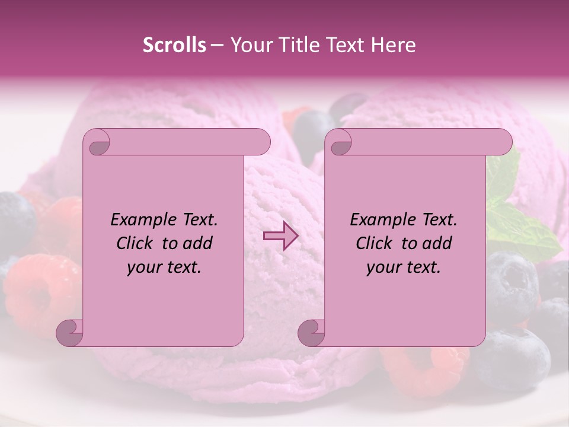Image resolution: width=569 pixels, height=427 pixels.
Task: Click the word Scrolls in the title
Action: click(174, 45)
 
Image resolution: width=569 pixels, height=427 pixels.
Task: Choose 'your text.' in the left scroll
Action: click(164, 267)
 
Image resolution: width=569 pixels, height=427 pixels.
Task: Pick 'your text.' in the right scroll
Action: click(403, 267)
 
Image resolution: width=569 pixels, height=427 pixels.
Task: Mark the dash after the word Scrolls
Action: click(217, 46)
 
